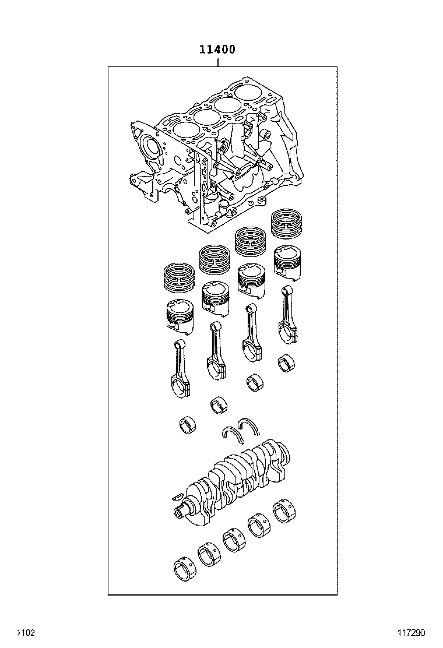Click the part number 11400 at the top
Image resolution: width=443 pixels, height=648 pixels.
tap(217, 50)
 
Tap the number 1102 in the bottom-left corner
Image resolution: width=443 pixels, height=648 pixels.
tap(26, 632)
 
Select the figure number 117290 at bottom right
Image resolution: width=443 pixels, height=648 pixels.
tap(411, 632)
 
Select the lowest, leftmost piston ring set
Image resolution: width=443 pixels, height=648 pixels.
tap(180, 277)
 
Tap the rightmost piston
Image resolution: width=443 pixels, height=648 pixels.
tap(287, 263)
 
